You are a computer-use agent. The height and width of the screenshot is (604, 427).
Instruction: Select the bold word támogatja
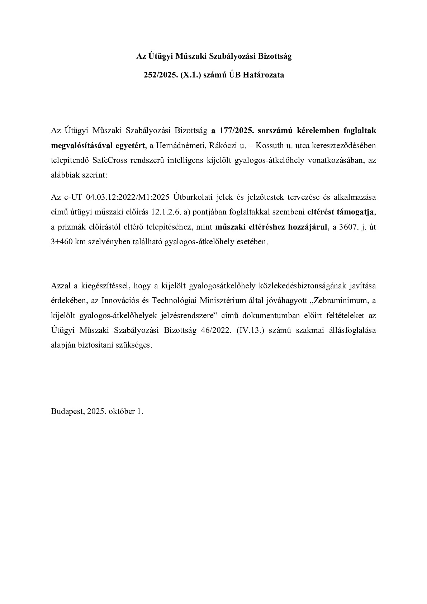tap(355, 212)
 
